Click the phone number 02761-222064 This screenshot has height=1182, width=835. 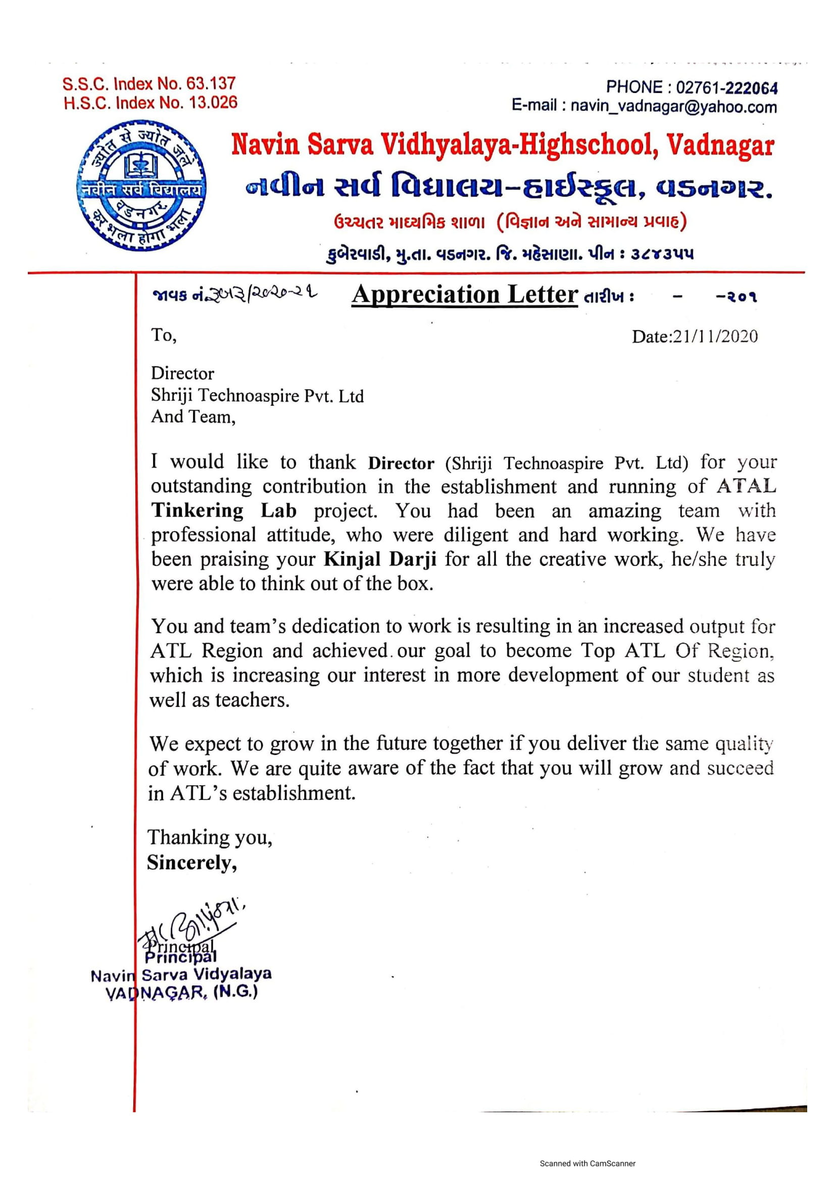[726, 88]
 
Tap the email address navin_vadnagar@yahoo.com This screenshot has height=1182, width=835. [673, 107]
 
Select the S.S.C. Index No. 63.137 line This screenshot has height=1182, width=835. [149, 83]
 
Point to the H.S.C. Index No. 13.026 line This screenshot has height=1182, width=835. [150, 103]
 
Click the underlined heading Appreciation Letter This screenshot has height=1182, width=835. [465, 295]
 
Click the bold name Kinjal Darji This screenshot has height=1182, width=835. [380, 559]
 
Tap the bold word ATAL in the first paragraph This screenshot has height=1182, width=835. [746, 486]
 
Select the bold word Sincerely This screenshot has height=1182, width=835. [191, 863]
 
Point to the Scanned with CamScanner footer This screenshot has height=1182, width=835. [587, 1163]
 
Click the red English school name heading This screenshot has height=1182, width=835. [502, 145]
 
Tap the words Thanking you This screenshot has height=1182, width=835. [210, 837]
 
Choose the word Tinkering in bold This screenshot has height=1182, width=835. [198, 511]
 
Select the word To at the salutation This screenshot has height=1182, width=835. [164, 336]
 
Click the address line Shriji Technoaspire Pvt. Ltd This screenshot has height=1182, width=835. [257, 395]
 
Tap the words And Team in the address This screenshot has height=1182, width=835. [193, 416]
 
